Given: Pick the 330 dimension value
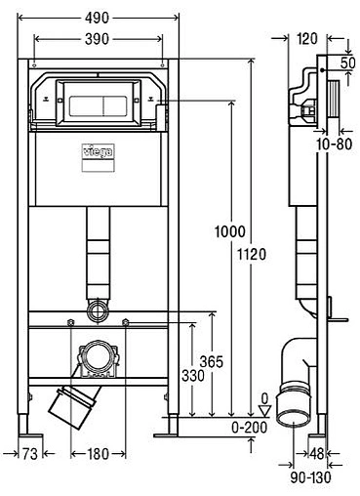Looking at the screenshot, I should (192, 376).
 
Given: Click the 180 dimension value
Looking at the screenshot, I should (97, 454).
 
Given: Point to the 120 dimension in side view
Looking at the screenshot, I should (308, 39).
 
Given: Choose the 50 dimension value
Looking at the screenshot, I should (348, 62).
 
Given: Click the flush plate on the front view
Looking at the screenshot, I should (97, 100).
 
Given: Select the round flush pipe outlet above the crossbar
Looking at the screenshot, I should (98, 311).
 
